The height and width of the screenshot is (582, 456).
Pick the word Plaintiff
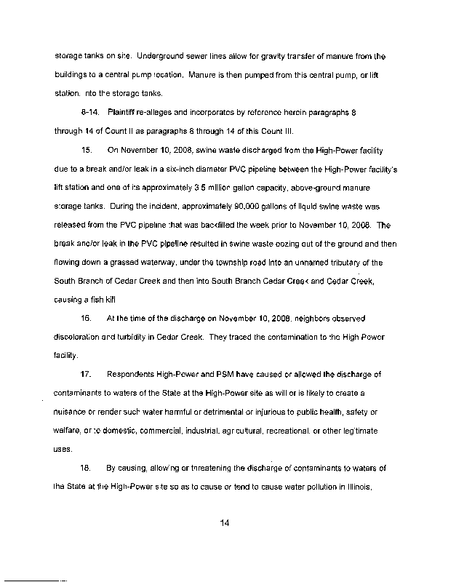[x=121, y=112]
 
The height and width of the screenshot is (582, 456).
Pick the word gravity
[x=295, y=56]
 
